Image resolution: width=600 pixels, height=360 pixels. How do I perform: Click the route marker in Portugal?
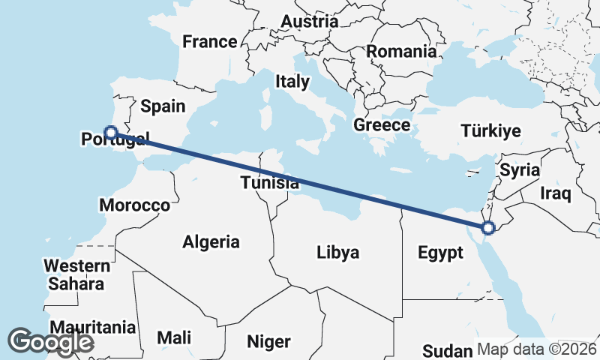pyautogui.click(x=110, y=133)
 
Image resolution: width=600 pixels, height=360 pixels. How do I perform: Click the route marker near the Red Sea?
pyautogui.click(x=488, y=227)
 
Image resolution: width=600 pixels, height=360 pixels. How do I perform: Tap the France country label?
pyautogui.click(x=210, y=41)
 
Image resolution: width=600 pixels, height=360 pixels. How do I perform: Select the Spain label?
pyautogui.click(x=163, y=106)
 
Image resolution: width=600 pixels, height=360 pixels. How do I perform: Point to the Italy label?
pyautogui.click(x=292, y=81)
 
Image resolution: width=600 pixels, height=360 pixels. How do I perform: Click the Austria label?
pyautogui.click(x=310, y=22)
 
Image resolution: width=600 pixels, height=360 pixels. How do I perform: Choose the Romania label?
pyautogui.click(x=401, y=52)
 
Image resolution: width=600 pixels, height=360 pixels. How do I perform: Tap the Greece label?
pyautogui.click(x=382, y=125)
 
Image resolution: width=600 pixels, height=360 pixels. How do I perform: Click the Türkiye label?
pyautogui.click(x=490, y=131)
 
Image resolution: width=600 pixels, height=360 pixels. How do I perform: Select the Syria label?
pyautogui.click(x=520, y=170)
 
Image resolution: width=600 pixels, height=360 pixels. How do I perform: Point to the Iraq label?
pyautogui.click(x=556, y=193)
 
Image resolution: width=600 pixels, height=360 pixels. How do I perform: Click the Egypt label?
pyautogui.click(x=440, y=253)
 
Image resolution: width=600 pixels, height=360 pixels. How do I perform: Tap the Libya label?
pyautogui.click(x=337, y=252)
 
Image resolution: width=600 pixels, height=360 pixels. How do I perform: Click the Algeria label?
pyautogui.click(x=211, y=241)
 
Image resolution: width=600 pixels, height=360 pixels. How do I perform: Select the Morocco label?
pyautogui.click(x=135, y=205)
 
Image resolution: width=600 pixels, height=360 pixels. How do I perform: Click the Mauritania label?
pyautogui.click(x=93, y=328)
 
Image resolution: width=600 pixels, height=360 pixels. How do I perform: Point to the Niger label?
pyautogui.click(x=268, y=341)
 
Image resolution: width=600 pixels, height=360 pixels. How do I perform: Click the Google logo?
pyautogui.click(x=51, y=341)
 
